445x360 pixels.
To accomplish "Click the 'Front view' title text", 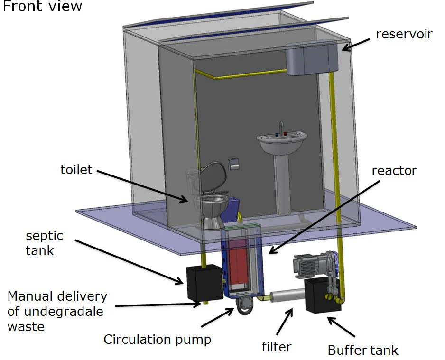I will pyautogui.click(x=42, y=7).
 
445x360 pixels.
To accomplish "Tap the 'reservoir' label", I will pyautogui.click(x=404, y=34).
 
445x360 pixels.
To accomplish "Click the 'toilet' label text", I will pyautogui.click(x=76, y=170).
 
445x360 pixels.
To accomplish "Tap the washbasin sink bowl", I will pyautogui.click(x=282, y=142).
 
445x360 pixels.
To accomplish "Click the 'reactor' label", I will pyautogui.click(x=394, y=170).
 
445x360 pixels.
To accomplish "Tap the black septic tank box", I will pyautogui.click(x=204, y=282).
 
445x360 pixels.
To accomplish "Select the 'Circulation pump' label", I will pyautogui.click(x=157, y=340).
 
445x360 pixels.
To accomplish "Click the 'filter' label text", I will pyautogui.click(x=277, y=347).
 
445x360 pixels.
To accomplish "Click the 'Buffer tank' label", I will pyautogui.click(x=363, y=351).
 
